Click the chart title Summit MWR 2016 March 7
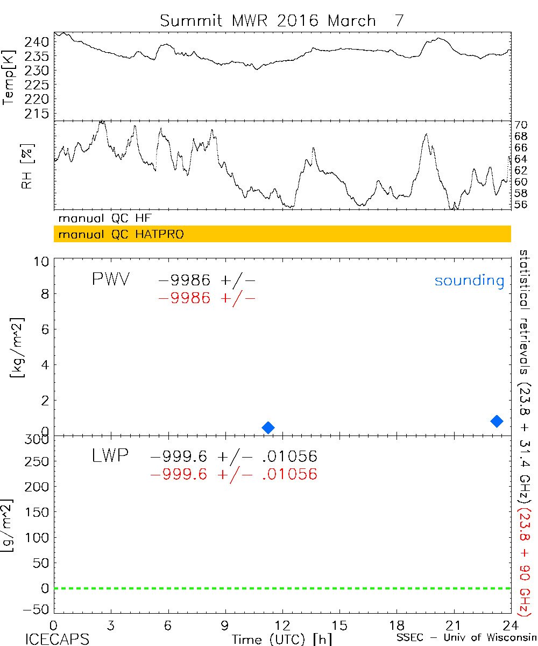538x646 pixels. (281, 20)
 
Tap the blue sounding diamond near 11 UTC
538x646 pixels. (268, 427)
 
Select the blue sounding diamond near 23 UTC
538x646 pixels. (497, 421)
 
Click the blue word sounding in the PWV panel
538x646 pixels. (469, 280)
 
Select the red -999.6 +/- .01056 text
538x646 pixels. (234, 474)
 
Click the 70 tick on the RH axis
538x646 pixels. (521, 125)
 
